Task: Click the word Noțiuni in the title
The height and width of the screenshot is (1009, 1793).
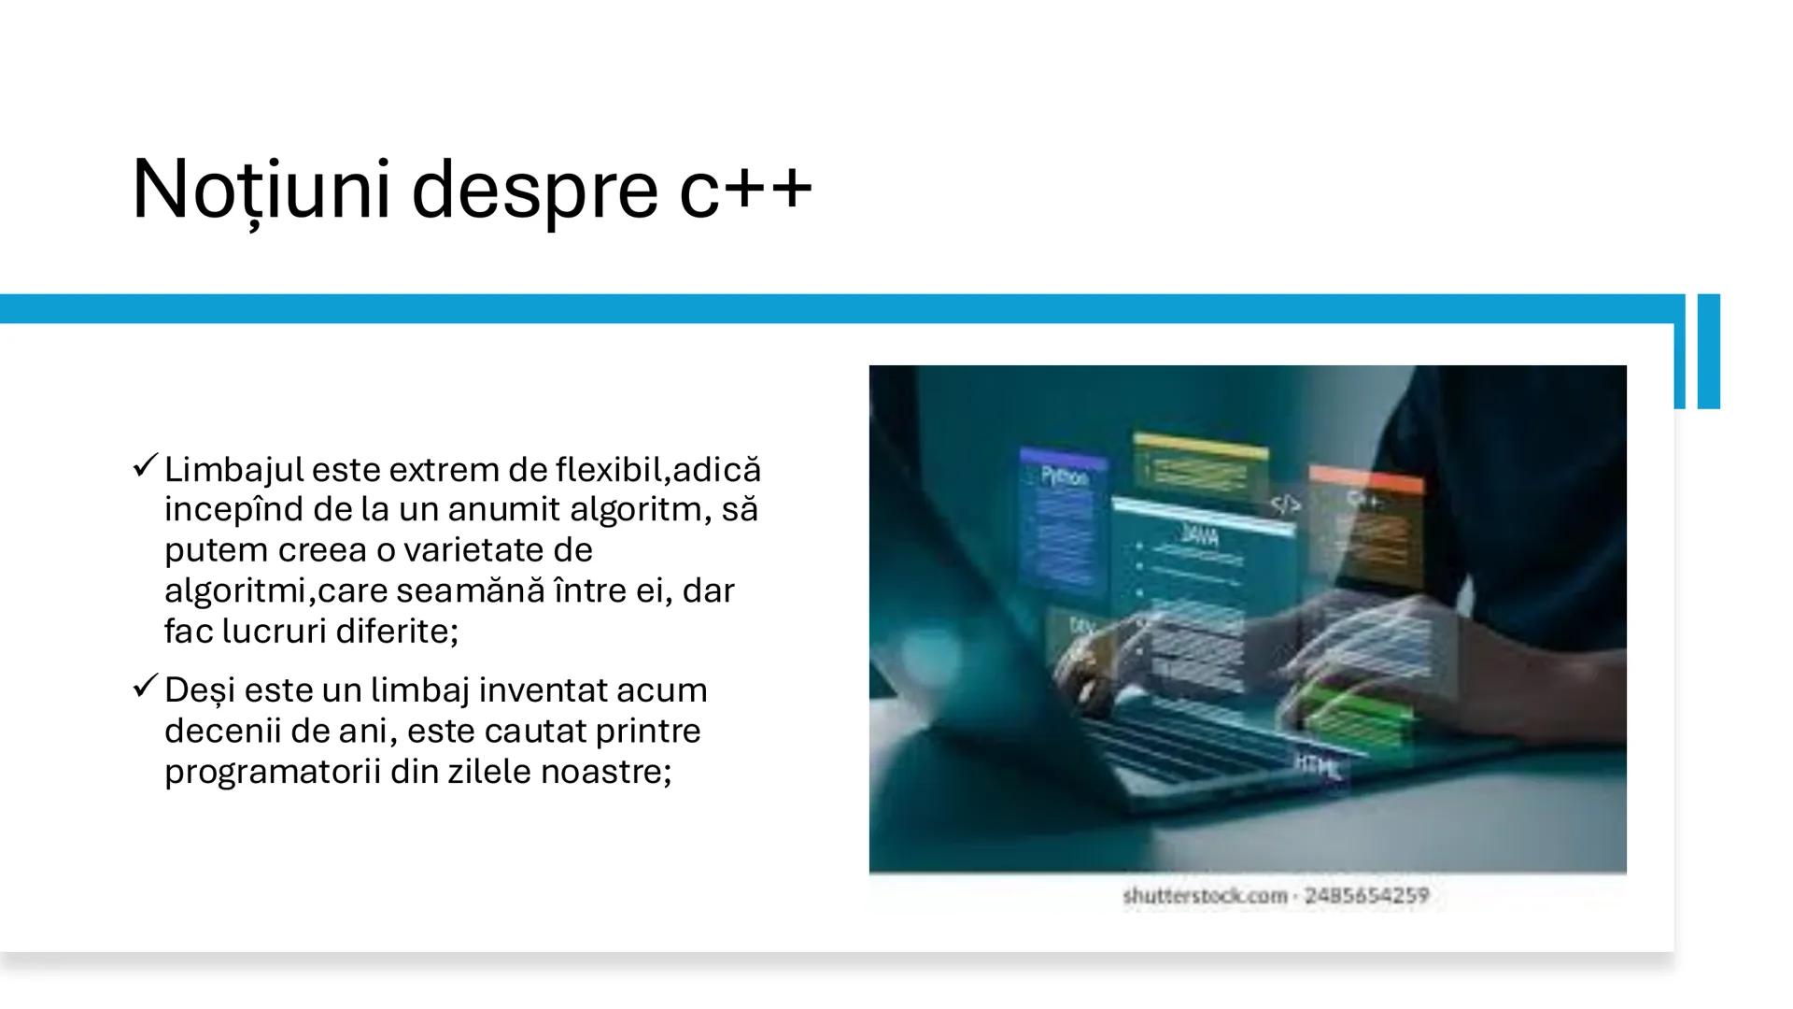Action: click(261, 190)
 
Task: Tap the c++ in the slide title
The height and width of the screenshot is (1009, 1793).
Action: click(745, 190)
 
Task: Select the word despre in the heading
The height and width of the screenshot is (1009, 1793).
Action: click(534, 190)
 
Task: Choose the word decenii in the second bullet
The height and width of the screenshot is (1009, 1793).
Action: click(223, 731)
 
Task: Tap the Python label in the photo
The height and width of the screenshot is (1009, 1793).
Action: click(1065, 476)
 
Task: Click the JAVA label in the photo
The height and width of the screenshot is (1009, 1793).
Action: click(1199, 535)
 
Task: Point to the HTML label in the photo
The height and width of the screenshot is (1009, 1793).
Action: click(1318, 766)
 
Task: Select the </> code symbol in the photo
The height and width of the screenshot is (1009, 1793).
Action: click(1285, 505)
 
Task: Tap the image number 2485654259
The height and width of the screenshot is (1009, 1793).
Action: click(1366, 896)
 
